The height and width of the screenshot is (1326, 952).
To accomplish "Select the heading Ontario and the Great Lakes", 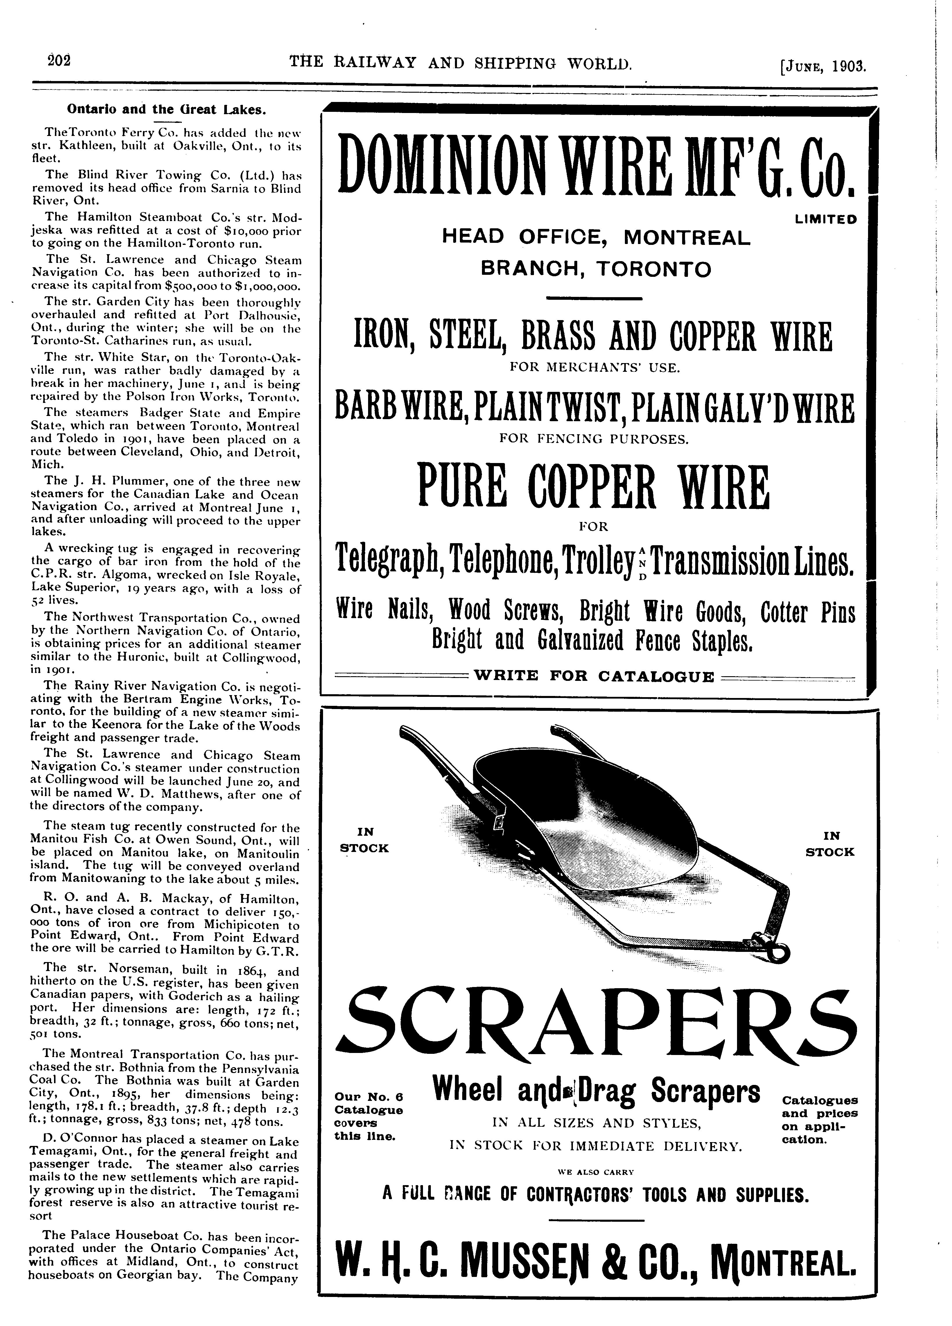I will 167,109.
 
